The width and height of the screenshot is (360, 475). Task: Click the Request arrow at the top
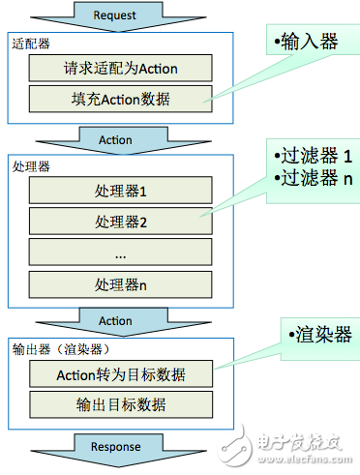[x=115, y=15]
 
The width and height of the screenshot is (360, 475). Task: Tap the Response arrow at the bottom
[x=115, y=447]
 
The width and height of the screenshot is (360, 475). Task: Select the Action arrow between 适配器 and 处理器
[x=115, y=140]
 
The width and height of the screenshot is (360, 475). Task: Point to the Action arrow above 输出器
[x=115, y=320]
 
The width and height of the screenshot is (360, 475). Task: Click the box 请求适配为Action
[x=121, y=69]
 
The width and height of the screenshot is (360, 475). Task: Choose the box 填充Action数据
[x=121, y=98]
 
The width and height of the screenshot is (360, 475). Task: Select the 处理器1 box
[x=121, y=192]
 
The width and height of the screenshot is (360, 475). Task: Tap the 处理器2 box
[x=121, y=223]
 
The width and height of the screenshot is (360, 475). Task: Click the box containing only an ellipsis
[x=121, y=253]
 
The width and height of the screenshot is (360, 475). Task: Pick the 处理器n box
[x=121, y=284]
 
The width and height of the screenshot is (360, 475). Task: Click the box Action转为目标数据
[x=121, y=374]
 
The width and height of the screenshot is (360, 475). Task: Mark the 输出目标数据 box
[x=121, y=404]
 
